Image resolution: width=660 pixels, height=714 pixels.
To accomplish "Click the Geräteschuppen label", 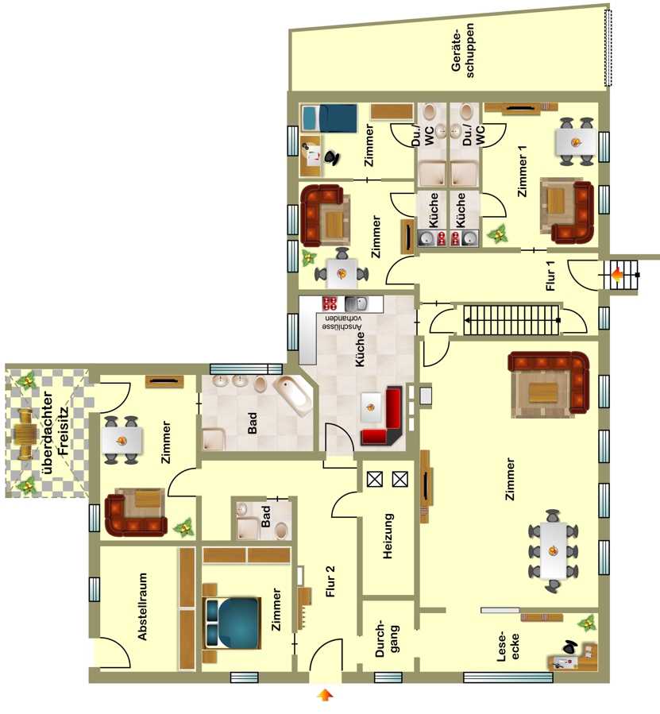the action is tap(462, 51).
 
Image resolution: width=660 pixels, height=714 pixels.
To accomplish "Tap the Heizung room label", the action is tap(388, 536).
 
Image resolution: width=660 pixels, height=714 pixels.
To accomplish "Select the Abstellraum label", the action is tap(143, 606).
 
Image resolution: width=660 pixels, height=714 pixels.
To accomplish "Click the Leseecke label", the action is tap(508, 646).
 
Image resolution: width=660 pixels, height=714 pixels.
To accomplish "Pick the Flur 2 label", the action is tap(330, 581).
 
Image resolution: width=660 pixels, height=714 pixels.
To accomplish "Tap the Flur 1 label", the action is tap(550, 276).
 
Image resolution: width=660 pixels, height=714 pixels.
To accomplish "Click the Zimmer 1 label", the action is tap(522, 172).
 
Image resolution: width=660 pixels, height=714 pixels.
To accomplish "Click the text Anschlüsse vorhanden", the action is tap(342, 322).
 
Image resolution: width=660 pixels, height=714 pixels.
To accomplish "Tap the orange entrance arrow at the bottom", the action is tap(325, 695).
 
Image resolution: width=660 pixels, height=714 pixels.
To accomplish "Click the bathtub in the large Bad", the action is tap(293, 396).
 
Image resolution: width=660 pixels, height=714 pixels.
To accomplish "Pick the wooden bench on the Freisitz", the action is tap(23, 434).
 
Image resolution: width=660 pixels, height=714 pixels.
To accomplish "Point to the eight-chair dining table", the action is tap(554, 551).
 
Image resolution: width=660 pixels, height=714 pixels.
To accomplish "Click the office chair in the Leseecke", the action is tap(569, 646).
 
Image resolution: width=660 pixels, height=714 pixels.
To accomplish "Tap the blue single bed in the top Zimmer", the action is tap(329, 118).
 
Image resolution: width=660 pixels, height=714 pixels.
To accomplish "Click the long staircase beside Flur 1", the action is tap(511, 320).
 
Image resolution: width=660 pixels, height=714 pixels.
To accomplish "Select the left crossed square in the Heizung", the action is tap(374, 479).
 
